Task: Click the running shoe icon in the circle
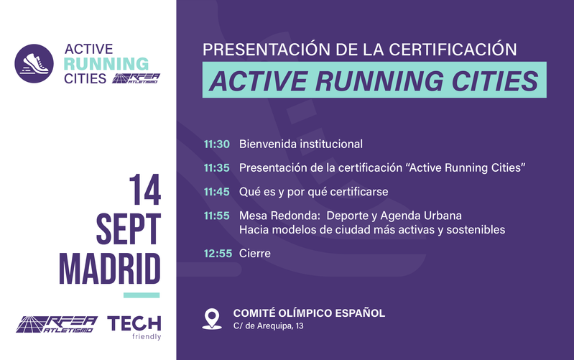pos(34,63)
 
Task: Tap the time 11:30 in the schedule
pos(217,144)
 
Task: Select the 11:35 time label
pos(217,167)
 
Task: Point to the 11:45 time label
pos(217,192)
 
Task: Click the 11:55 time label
pos(217,216)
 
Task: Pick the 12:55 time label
pos(218,253)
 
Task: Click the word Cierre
pos(255,253)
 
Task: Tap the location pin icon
pos(212,319)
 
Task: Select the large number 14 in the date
pos(145,190)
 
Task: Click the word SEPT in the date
pos(129,229)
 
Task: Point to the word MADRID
pos(110,269)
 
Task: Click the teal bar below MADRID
pos(142,295)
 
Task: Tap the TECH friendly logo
pos(134,328)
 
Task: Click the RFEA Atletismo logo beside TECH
pos(57,325)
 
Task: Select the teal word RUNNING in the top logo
pos(106,64)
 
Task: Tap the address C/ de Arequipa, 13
pos(269,326)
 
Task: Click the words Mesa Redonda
pos(279,216)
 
